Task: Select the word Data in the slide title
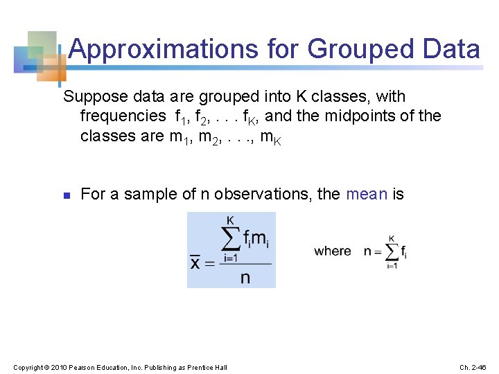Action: pos(450,49)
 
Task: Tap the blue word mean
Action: pos(366,194)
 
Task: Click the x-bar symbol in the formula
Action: pos(196,262)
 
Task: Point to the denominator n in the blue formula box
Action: pos(245,278)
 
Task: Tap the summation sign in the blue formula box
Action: pos(231,240)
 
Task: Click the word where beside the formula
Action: pos(333,251)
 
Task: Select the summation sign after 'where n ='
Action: pos(392,251)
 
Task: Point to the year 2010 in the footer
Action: pos(62,366)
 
